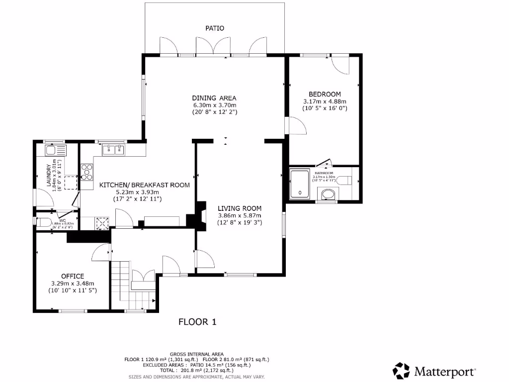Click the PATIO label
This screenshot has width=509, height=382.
[215, 28]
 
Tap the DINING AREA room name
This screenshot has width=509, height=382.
[214, 97]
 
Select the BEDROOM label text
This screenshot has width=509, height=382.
[325, 94]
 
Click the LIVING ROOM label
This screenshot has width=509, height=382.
[240, 208]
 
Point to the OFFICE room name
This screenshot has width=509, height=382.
[73, 276]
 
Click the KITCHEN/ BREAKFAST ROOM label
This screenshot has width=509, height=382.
[145, 185]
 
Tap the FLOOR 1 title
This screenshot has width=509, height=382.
[197, 322]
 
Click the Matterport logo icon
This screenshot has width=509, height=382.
[401, 371]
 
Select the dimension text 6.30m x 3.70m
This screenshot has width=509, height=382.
[214, 105]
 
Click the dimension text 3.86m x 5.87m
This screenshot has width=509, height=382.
[240, 215]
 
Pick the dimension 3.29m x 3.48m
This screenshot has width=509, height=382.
[73, 283]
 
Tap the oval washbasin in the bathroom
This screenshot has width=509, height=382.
[328, 193]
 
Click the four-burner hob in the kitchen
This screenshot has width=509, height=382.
[87, 171]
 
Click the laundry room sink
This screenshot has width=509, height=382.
[52, 150]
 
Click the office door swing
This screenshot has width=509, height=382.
[101, 251]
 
